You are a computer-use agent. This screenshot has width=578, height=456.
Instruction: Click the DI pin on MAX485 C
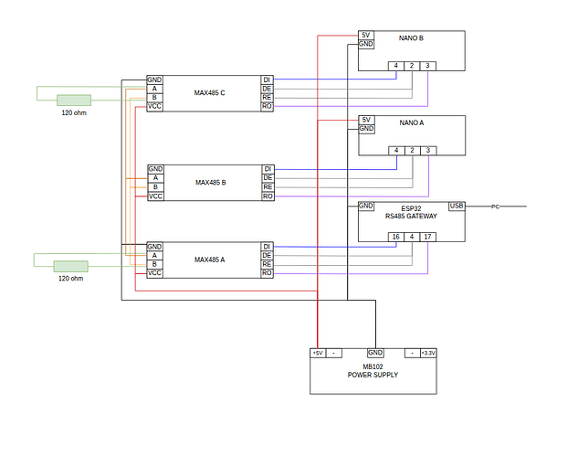(x=268, y=80)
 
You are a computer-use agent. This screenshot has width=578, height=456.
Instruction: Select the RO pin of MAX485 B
(x=268, y=196)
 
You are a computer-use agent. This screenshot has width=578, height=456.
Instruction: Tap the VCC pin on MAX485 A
(x=155, y=273)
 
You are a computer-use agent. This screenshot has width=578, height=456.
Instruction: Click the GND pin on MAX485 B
(x=155, y=169)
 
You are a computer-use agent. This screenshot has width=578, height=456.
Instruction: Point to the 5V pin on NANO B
(x=365, y=35)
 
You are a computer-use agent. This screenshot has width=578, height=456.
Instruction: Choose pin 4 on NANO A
(x=396, y=150)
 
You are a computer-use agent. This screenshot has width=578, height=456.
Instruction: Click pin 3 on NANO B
(x=427, y=66)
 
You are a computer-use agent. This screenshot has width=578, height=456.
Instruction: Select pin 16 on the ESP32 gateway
(x=396, y=237)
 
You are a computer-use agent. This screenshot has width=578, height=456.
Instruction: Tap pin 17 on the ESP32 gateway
(x=427, y=237)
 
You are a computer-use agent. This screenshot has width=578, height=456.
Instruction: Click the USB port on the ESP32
(x=457, y=206)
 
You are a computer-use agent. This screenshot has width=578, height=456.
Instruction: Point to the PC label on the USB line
(x=496, y=207)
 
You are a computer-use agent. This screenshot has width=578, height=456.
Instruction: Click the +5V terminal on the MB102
(x=317, y=353)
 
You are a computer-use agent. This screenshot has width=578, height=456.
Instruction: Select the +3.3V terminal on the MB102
(x=428, y=353)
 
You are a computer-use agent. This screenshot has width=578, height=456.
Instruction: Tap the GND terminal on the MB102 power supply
(x=375, y=353)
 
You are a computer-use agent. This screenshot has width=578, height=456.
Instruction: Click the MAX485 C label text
(x=210, y=93)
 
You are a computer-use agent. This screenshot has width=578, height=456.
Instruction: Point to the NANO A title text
(x=411, y=122)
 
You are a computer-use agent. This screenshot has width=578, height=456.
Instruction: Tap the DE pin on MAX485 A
(x=268, y=256)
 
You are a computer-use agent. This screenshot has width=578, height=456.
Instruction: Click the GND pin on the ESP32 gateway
(x=365, y=206)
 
